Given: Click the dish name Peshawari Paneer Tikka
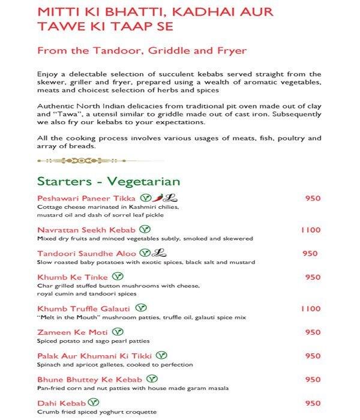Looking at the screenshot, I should pos(87,199).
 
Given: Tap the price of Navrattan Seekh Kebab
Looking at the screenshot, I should pos(311,230).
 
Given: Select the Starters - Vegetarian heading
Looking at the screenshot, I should pos(109,181).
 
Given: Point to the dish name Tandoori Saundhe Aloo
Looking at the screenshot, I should pos(86,254).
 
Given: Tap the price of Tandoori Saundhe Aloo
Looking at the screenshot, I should pos(310,254).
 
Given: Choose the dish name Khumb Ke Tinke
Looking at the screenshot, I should pos(73,277).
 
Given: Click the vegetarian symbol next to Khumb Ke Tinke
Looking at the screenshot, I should pos(119,277).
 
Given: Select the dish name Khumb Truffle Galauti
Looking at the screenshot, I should pos(85,308).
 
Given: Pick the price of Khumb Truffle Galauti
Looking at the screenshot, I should pos(311,308).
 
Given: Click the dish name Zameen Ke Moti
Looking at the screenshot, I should pos(73,332).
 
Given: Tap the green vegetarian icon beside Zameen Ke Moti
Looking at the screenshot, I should pos(119,331).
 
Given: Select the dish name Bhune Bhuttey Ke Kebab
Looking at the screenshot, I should pos(89,380).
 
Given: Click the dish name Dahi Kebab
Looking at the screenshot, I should pos(61,403).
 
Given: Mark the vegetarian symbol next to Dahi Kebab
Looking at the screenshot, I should pos(94,403).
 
